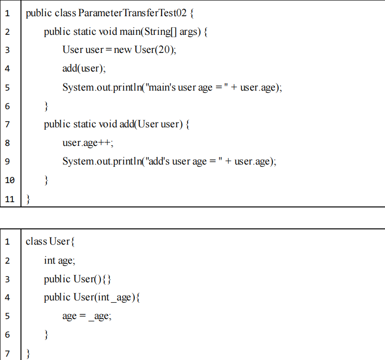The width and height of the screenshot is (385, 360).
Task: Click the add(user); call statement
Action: click(x=84, y=69)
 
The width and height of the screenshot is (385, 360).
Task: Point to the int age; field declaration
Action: click(x=60, y=260)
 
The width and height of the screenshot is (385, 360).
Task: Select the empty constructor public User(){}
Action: click(x=78, y=279)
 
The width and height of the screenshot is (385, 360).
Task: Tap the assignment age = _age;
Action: click(x=87, y=316)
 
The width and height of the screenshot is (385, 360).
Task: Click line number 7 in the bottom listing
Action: click(x=7, y=353)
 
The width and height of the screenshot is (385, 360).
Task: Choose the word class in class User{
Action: click(x=36, y=241)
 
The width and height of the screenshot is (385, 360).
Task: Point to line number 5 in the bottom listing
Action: click(x=7, y=316)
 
